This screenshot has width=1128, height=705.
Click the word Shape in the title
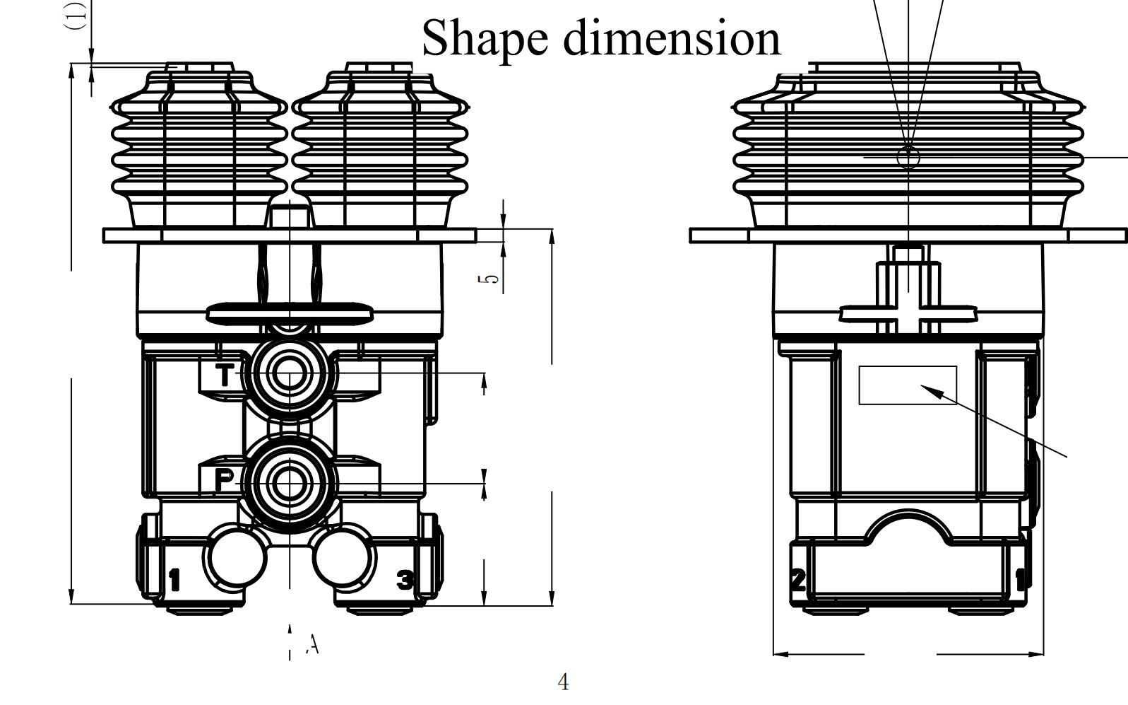pyautogui.click(x=485, y=38)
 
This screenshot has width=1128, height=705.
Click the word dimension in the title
pyautogui.click(x=672, y=37)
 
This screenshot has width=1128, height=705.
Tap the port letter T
pyautogui.click(x=225, y=375)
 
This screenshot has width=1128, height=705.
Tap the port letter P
pyautogui.click(x=224, y=480)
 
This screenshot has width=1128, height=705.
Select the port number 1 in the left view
pyautogui.click(x=174, y=579)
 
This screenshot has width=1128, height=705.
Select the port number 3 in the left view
pyautogui.click(x=405, y=579)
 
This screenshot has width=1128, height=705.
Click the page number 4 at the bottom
pyautogui.click(x=563, y=682)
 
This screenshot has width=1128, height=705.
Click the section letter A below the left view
pyautogui.click(x=313, y=643)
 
